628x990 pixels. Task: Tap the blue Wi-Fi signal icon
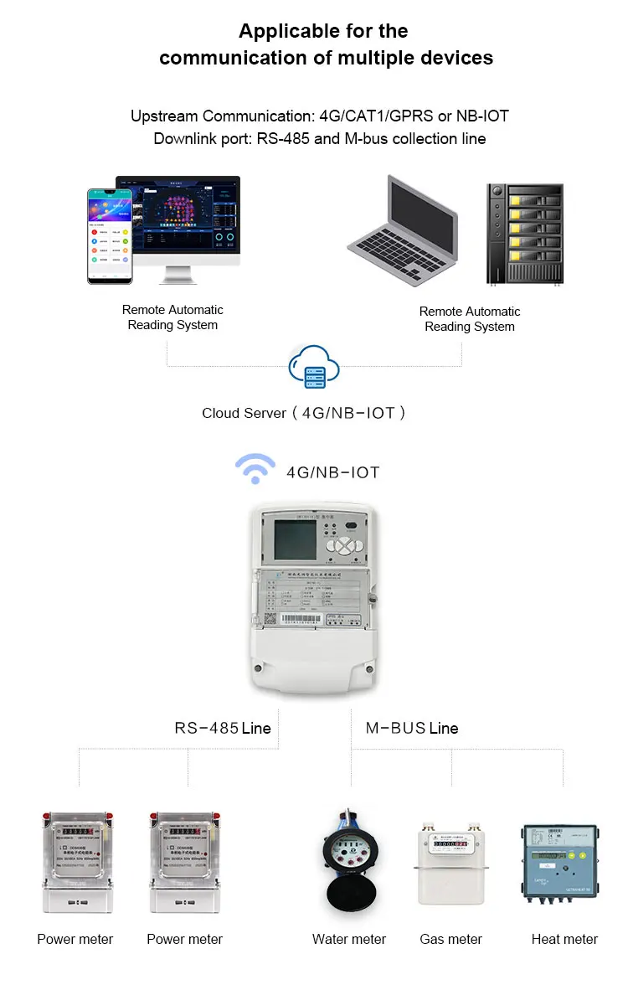(x=255, y=470)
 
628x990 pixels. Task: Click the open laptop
(x=404, y=230)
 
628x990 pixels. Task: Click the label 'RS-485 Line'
(x=223, y=728)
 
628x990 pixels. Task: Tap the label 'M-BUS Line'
(x=412, y=728)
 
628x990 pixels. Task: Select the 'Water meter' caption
(x=349, y=939)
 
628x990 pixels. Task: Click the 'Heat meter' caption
(x=564, y=939)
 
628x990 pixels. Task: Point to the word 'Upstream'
(x=164, y=116)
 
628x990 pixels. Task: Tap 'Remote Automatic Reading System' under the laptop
(x=470, y=318)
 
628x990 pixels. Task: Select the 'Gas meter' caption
(x=450, y=939)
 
